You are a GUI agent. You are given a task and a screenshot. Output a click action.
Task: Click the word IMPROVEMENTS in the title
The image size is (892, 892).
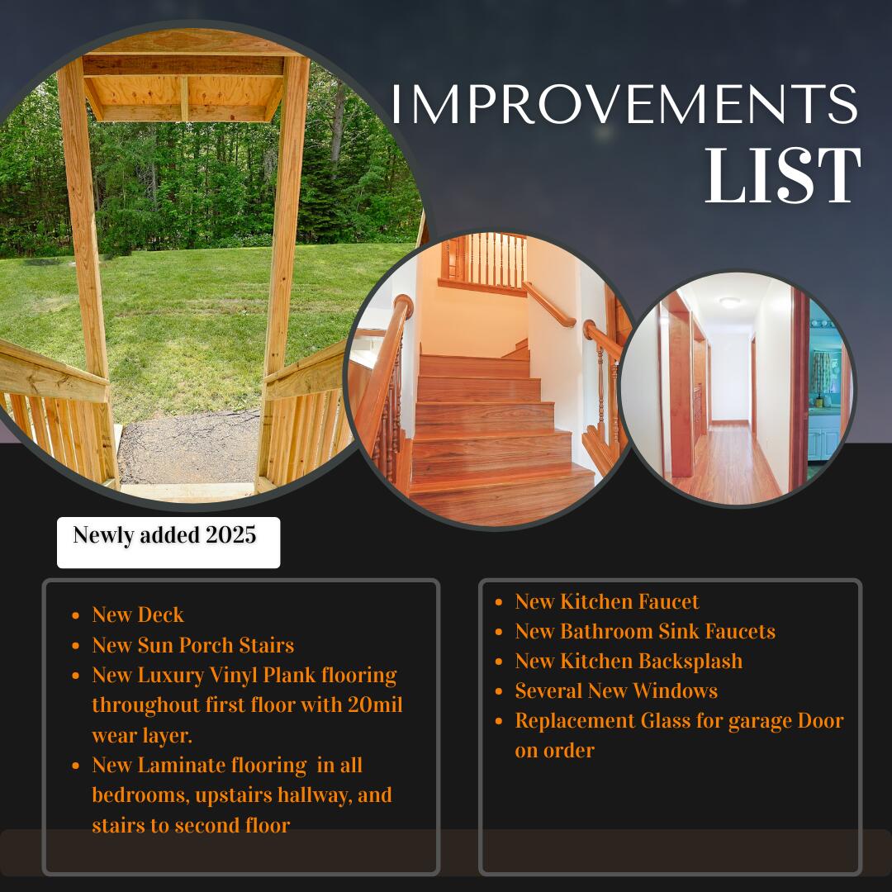[x=624, y=105]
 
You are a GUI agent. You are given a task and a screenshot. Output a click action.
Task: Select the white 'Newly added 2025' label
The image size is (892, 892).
[x=168, y=542]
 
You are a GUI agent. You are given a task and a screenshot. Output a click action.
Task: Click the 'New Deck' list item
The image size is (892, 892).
[x=138, y=615]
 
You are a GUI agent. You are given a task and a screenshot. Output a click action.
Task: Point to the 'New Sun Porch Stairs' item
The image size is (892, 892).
[x=193, y=645]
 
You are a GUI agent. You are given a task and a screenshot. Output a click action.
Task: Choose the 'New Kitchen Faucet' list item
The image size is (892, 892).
[x=607, y=602]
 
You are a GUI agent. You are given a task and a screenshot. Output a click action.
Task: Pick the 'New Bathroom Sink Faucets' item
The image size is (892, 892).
[x=645, y=632]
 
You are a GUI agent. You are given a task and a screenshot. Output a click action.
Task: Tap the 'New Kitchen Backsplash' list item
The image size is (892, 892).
[x=629, y=662]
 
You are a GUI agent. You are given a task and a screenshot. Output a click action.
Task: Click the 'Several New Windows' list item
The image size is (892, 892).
[x=616, y=691]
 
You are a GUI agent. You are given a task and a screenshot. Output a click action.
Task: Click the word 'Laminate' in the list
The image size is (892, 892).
[x=182, y=766]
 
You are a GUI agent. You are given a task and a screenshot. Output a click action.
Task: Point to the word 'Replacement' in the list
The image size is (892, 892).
[x=575, y=721]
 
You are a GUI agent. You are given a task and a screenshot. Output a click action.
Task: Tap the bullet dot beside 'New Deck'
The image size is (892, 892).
[x=76, y=616]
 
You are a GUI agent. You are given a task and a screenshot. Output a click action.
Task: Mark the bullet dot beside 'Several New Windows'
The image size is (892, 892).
[x=499, y=692]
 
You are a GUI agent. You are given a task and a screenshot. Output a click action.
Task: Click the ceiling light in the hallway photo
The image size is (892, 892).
[x=729, y=302]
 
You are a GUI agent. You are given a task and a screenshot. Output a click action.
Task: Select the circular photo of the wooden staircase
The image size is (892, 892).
[x=487, y=380]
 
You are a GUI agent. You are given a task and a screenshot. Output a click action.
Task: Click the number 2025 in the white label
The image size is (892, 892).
[x=231, y=535]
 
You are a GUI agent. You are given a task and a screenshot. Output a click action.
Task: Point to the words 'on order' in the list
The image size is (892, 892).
[x=554, y=751]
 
